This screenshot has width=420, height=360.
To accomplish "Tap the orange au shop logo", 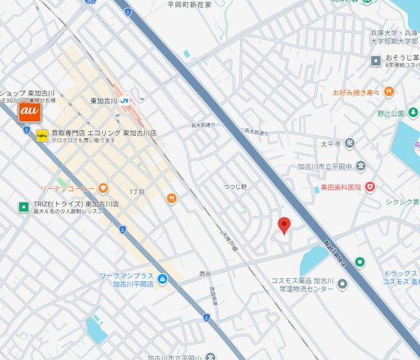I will point(29,111).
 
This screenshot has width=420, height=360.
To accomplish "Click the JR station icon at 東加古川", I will point(125,101).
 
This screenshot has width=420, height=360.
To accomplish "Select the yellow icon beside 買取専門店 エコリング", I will point(43,135).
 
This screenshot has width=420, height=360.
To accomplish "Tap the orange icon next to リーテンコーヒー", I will point(103,187).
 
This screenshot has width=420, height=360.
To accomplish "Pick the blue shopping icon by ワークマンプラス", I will point(163,279).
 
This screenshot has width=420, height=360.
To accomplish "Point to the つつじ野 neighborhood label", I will point(235,185).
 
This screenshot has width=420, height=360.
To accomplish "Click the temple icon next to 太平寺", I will point(349,143).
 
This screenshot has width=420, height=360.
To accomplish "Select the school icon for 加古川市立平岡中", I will point(361,166).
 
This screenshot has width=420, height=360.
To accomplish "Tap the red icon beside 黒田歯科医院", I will point(370,187).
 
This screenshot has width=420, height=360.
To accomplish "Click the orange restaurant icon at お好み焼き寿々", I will point(388,91).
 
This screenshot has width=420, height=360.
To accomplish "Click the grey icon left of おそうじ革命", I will point(376,60).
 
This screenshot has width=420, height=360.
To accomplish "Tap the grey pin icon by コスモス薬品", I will point(343,284).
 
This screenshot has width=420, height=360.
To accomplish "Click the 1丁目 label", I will point(136,192).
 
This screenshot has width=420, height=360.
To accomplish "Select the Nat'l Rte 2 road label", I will point(336,253).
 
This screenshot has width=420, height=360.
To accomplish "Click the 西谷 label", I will point(205,274).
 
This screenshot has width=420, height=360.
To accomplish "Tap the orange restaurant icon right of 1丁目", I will point(172,198).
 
